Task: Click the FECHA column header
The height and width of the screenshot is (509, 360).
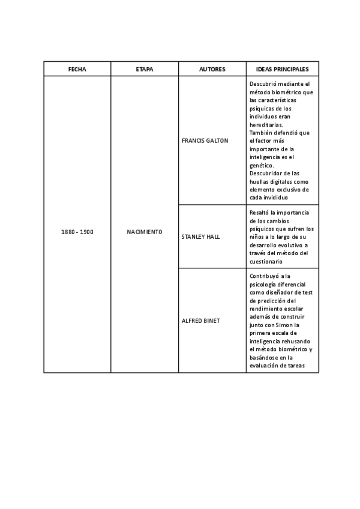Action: (77, 69)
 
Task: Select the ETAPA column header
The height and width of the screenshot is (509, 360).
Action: (145, 69)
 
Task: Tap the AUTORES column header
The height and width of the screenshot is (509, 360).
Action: (212, 69)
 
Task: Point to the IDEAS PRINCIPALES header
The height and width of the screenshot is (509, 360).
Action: (282, 69)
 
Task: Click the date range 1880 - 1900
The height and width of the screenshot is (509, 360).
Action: (77, 232)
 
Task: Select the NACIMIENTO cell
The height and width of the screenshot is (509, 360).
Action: (145, 232)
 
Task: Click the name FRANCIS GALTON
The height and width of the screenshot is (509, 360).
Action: (205, 140)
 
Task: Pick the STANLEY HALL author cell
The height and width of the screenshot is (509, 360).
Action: (200, 236)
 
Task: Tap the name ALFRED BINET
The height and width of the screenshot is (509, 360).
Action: (200, 321)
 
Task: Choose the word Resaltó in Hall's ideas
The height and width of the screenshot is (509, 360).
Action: (259, 212)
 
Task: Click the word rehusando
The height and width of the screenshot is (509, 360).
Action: (294, 341)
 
